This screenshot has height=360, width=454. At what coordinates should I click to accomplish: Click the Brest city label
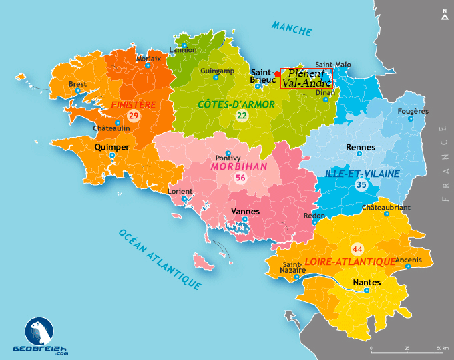coord(78,84)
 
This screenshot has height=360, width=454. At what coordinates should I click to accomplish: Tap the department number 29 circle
coord(133,116)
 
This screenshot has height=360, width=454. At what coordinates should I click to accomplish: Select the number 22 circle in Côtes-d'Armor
coord(242,116)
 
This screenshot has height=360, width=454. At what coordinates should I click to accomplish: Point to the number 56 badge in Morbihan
coord(240,178)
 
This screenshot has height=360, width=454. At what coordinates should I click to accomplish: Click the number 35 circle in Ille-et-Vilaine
coord(361,185)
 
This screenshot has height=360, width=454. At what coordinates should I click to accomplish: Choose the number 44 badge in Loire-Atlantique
coord(357,250)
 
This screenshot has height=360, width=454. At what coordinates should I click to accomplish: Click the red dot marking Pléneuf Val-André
coord(278,73)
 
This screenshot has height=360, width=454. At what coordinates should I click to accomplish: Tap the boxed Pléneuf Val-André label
coord(306,78)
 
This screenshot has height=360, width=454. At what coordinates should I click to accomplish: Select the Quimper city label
coord(112,146)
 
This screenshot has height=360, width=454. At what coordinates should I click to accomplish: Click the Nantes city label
coord(367,283)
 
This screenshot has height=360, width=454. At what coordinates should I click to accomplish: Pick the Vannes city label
coord(244,211)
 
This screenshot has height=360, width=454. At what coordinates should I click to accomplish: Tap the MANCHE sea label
coord(292,29)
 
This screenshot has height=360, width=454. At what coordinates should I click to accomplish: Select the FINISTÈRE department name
coord(134,105)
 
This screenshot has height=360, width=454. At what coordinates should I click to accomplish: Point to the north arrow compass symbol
coord(445,15)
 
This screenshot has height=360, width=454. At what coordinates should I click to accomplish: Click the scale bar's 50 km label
coord(442,349)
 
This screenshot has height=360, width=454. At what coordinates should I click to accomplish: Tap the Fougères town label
coord(413,111)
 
